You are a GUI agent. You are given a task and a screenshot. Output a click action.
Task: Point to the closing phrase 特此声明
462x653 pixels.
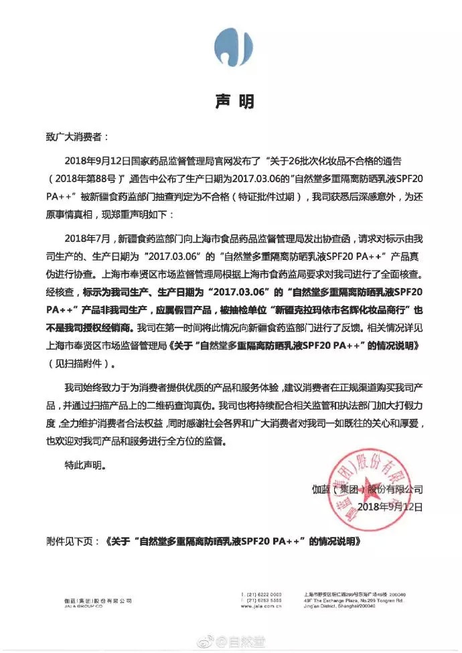click(85, 463)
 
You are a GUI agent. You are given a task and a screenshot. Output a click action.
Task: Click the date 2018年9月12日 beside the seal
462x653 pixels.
click(388, 508)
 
